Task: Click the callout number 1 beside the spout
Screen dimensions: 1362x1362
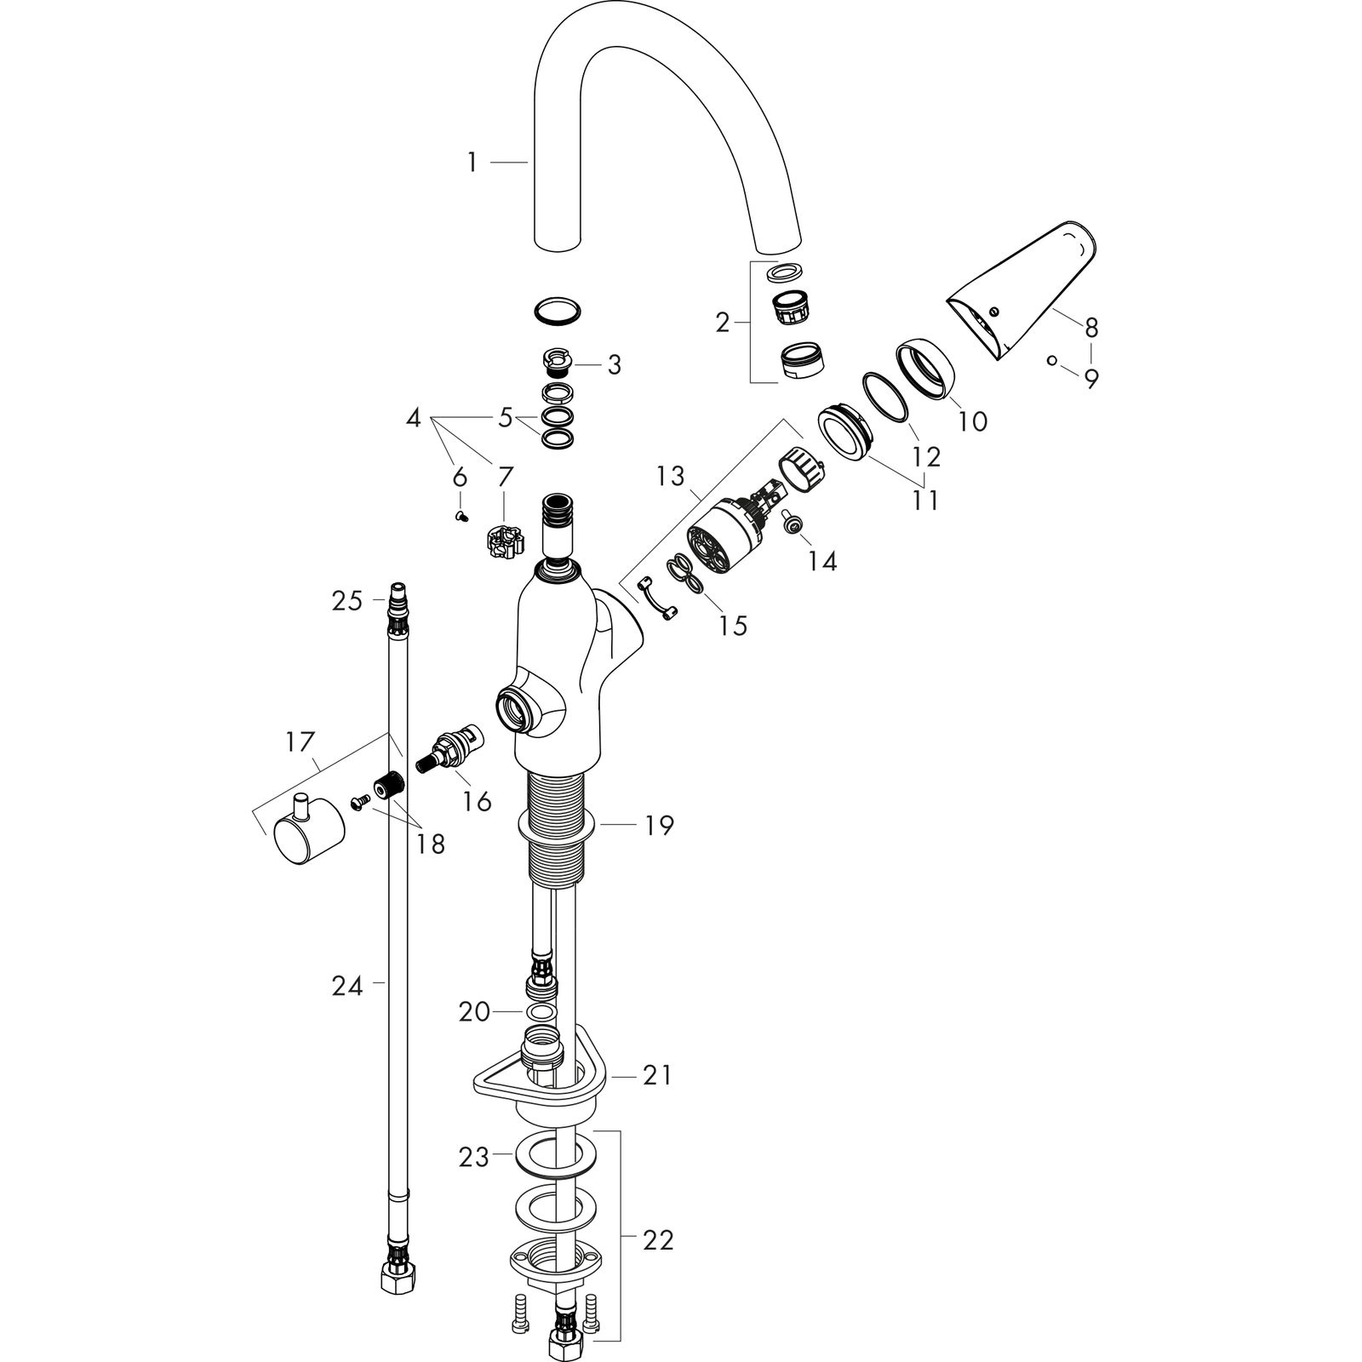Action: pyautogui.click(x=472, y=162)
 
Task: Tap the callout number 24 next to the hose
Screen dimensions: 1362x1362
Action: pyautogui.click(x=347, y=987)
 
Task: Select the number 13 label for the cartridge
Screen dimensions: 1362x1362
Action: pyautogui.click(x=670, y=476)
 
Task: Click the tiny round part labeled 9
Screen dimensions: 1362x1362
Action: pyautogui.click(x=1052, y=360)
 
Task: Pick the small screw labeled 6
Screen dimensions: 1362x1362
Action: pyautogui.click(x=461, y=516)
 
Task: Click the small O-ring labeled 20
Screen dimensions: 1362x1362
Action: pyautogui.click(x=537, y=1012)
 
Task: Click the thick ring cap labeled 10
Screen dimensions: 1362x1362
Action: pyautogui.click(x=925, y=368)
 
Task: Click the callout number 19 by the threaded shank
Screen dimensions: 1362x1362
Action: pyautogui.click(x=659, y=825)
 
